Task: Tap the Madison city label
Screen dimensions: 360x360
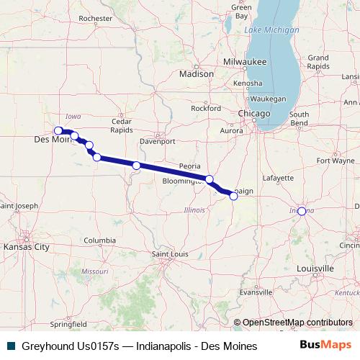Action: click(197, 73)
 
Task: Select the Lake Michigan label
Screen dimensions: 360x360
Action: click(271, 30)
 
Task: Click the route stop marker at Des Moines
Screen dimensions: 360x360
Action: click(58, 130)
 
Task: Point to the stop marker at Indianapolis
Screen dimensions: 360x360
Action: click(302, 211)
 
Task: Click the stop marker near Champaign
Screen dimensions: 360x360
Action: click(233, 195)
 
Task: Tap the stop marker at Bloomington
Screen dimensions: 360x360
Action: click(210, 179)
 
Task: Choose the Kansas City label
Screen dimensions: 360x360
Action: click(26, 247)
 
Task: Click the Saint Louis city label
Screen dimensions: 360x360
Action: click(168, 254)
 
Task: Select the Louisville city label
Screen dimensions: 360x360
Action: click(315, 268)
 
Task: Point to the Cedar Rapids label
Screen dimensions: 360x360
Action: click(121, 126)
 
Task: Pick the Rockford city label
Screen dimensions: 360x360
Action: click(205, 108)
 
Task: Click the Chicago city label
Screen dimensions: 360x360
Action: click(255, 114)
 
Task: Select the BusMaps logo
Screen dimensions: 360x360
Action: click(325, 346)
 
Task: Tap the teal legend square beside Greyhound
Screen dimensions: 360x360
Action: click(10, 346)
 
